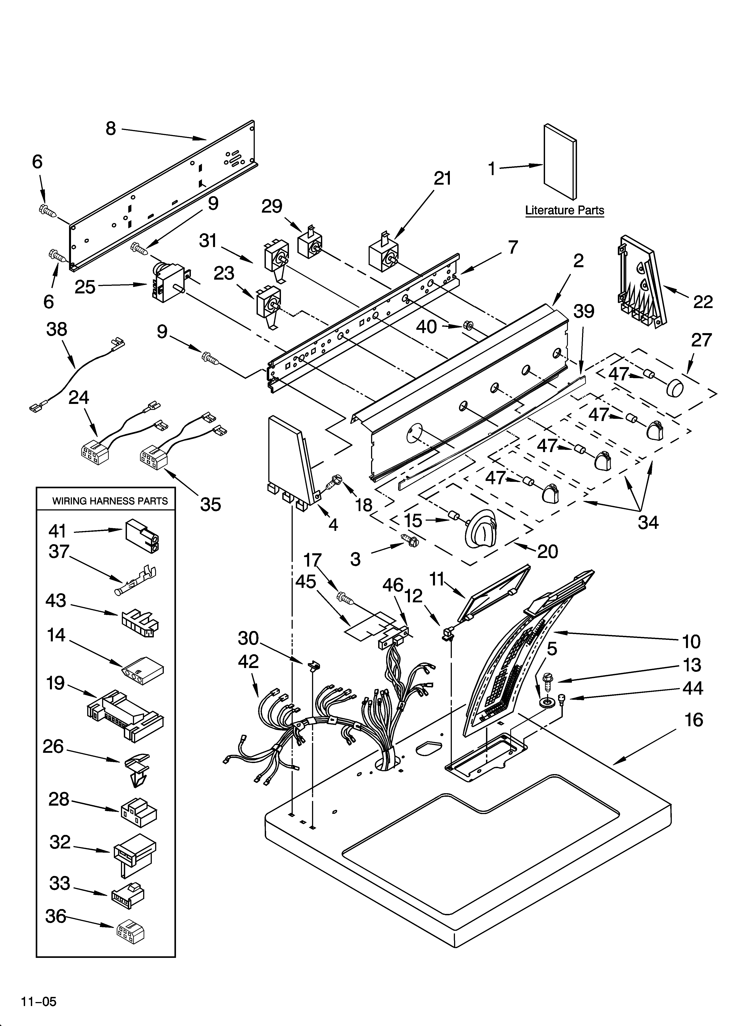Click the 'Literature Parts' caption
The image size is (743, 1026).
pyautogui.click(x=564, y=210)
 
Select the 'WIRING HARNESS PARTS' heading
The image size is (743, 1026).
pyautogui.click(x=110, y=501)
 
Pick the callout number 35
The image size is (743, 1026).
pyautogui.click(x=210, y=504)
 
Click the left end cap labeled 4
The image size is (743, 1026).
pyautogui.click(x=290, y=461)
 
